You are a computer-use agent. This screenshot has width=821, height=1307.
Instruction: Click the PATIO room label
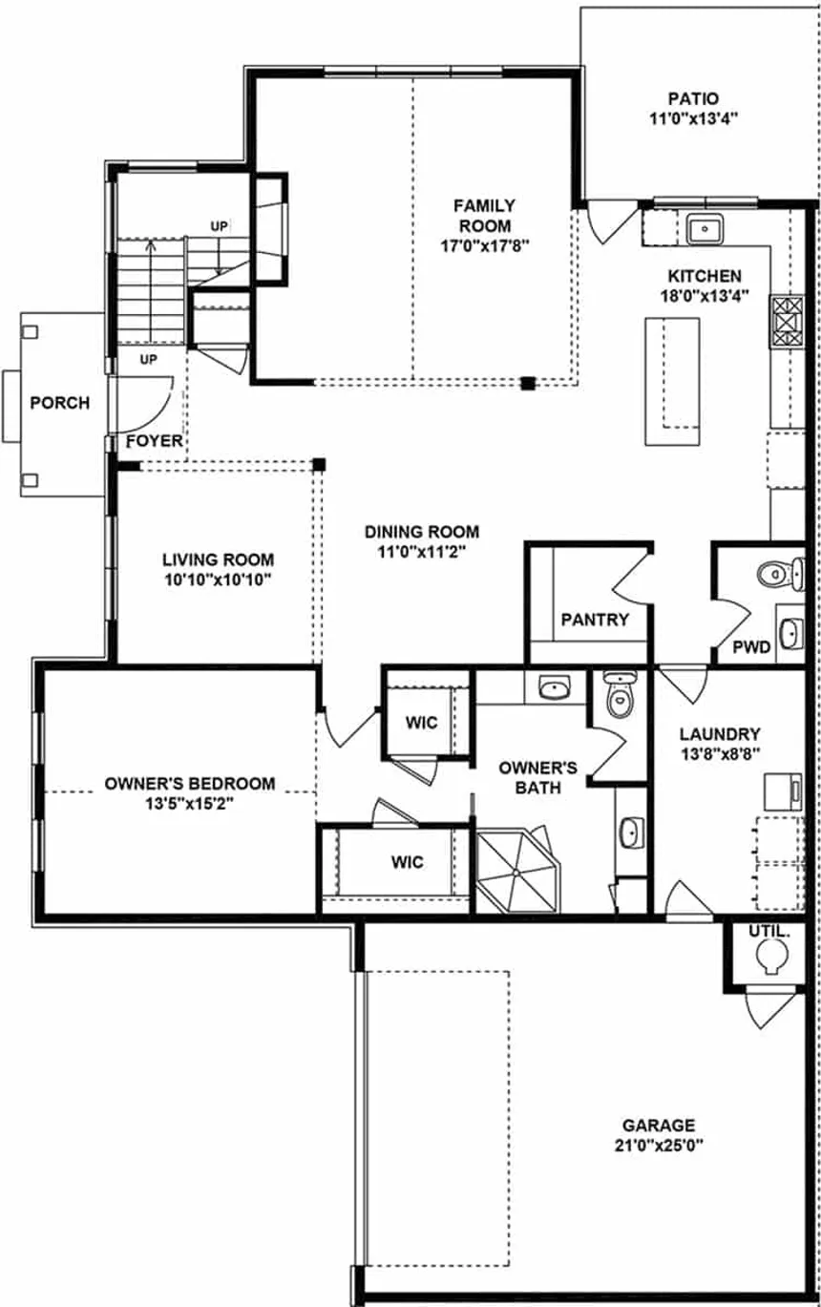coord(693,98)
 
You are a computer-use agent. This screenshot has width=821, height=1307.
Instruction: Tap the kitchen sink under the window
coord(705,229)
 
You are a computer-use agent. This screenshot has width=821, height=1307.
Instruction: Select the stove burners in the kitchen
coord(788,321)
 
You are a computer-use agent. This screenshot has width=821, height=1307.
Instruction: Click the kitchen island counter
coord(674,381)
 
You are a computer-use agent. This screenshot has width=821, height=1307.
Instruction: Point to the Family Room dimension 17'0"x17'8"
coord(484,244)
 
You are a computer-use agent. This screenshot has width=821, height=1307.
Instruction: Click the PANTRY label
coord(595,620)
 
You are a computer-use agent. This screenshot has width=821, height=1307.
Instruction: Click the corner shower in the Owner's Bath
coord(517,870)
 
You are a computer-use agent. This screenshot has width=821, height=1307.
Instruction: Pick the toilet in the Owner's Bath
coord(620,696)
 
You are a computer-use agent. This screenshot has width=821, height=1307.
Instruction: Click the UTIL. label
coord(768,929)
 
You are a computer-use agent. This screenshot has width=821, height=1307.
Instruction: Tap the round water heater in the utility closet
coord(769,956)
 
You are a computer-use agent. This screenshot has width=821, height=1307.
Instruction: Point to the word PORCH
coord(60,403)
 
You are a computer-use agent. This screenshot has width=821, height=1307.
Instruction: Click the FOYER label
coord(154,441)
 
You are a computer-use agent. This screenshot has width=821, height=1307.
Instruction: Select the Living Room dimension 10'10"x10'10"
coord(218,579)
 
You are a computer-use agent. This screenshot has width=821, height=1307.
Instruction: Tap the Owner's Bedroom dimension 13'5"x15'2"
coord(189,803)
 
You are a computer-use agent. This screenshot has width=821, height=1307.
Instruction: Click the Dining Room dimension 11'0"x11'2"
coord(422,551)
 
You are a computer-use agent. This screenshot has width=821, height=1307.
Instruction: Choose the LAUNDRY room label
coord(720,734)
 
